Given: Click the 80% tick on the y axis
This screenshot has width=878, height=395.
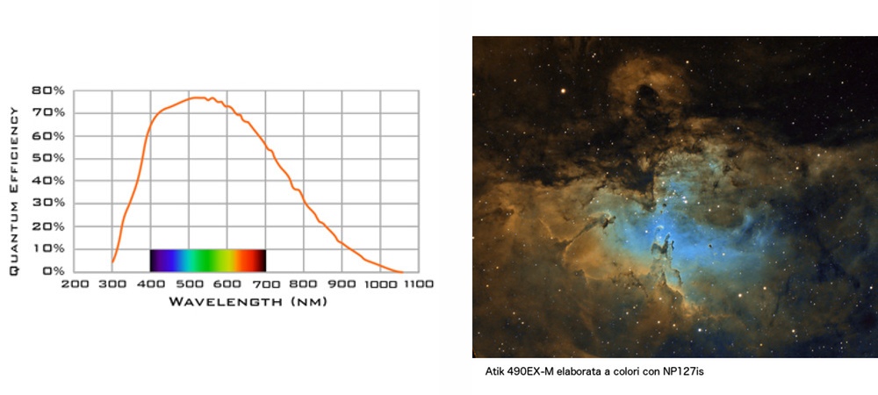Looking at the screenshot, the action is click(48, 90).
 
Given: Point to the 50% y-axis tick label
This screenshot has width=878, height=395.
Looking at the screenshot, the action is click(48, 158).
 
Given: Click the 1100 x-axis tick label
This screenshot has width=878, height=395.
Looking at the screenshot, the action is click(418, 284).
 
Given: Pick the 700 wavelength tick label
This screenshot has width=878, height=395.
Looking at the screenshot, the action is click(266, 284).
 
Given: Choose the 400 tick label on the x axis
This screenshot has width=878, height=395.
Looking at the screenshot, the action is click(151, 284).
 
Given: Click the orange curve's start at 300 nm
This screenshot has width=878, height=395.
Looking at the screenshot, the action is click(112, 262).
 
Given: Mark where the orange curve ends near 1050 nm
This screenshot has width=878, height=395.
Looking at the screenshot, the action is click(402, 272).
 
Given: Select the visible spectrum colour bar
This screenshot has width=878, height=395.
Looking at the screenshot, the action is click(208, 260).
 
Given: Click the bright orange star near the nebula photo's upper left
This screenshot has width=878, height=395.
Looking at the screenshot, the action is click(564, 90).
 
